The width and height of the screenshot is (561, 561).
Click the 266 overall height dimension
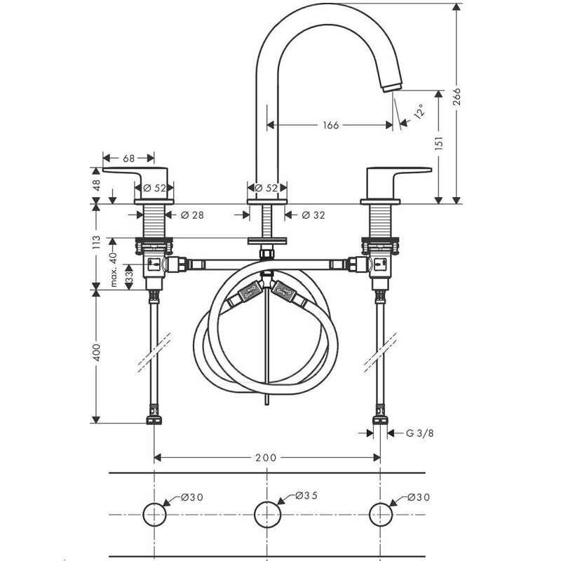coord(457,97)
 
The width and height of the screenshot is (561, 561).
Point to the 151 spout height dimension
coord(439,142)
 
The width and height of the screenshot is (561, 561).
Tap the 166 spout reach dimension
coord(330,126)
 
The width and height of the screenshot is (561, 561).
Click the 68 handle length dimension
coord(129,158)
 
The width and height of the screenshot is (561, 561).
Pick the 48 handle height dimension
coord(97,185)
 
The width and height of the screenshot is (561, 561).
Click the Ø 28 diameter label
coord(192,215)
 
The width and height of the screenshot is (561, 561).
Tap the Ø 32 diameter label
coord(313,215)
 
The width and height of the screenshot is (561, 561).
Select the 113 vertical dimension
coord(96,242)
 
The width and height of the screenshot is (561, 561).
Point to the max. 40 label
coord(114,269)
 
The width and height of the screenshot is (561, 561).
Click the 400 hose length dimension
coord(97,353)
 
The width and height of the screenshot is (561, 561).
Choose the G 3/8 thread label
coord(419,433)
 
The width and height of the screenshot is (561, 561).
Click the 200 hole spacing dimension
coord(266,458)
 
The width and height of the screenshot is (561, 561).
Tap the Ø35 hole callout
coord(306,496)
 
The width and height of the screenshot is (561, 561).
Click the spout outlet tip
coord(393,87)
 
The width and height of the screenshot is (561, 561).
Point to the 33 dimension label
coord(129,277)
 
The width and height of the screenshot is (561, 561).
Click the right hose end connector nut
coord(380,419)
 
